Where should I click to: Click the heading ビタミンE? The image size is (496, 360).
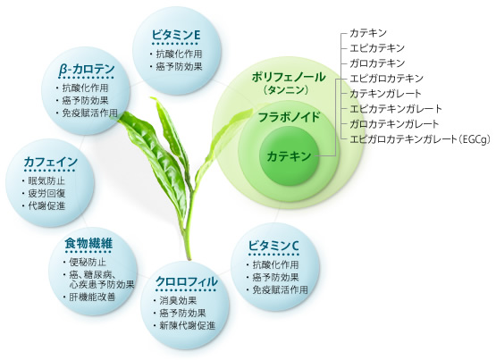coord(176,35)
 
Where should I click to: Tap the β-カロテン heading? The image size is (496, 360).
coord(87,71)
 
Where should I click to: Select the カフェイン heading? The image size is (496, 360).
coord(51,163)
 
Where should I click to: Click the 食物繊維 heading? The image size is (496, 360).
coord(88,244)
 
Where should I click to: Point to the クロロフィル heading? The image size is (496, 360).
coord(187,281)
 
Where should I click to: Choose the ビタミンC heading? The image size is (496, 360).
coord(273,246)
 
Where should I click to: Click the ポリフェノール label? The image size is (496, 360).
coord(288,78)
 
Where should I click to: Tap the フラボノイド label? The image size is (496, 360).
coord(290,118)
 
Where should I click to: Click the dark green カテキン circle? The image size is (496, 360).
coord(289,156)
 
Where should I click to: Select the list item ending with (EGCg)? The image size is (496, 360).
coord(420,139)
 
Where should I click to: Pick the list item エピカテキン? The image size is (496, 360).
coord(377,48)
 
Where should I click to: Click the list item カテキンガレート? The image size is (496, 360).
coord(385,94)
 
